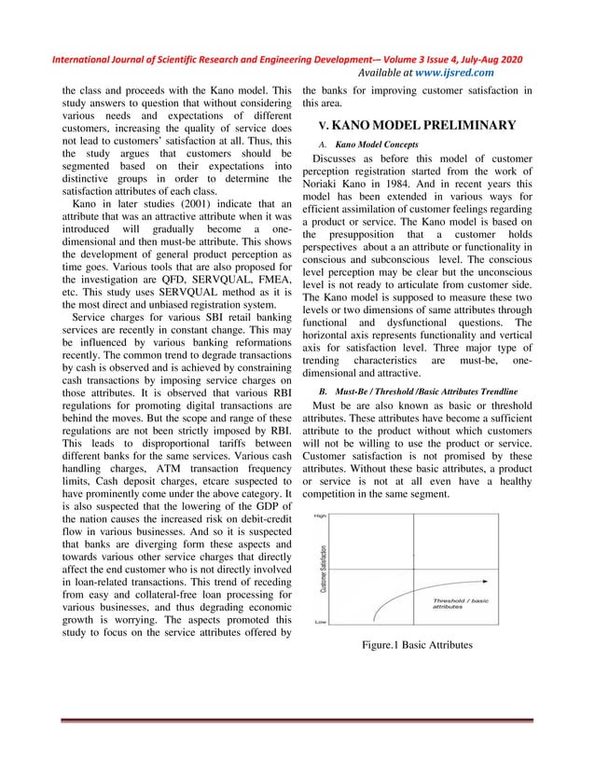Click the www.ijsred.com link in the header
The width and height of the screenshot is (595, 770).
coord(455,73)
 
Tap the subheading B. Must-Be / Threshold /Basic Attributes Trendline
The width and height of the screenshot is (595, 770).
coord(418,389)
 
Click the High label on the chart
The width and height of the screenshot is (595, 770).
coord(319,516)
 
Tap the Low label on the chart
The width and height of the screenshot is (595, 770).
coord(320,621)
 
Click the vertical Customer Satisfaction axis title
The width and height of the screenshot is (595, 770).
coord(323,568)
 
